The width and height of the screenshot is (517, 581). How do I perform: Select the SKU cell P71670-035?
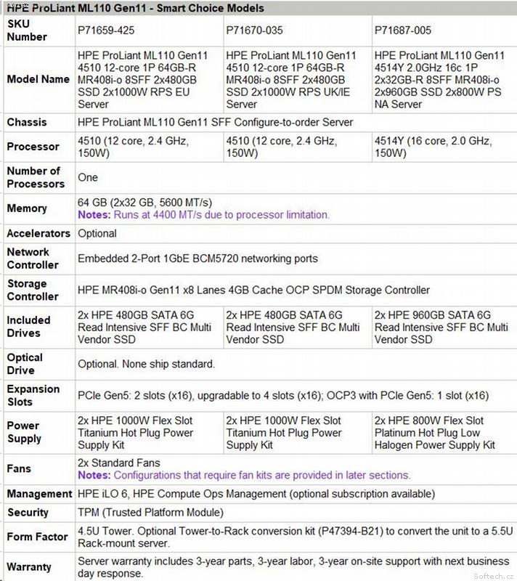point(255,31)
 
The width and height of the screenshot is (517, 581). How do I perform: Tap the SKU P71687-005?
point(405,31)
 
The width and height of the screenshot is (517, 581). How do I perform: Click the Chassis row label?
point(27,123)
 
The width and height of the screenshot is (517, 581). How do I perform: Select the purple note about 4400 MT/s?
point(203,215)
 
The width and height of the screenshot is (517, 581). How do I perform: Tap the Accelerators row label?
point(38,234)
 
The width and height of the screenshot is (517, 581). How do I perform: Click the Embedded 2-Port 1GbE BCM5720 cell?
point(198,259)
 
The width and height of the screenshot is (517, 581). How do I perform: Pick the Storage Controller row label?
point(33,290)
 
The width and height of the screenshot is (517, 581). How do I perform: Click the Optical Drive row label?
point(25,364)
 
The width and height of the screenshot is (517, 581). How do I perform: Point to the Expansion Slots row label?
point(33,395)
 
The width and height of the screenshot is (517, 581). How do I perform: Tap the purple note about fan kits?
point(244,476)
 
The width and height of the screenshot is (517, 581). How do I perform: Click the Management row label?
point(38,495)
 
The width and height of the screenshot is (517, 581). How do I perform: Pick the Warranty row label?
point(30,566)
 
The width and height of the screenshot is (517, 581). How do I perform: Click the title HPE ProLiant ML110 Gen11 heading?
point(135,8)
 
